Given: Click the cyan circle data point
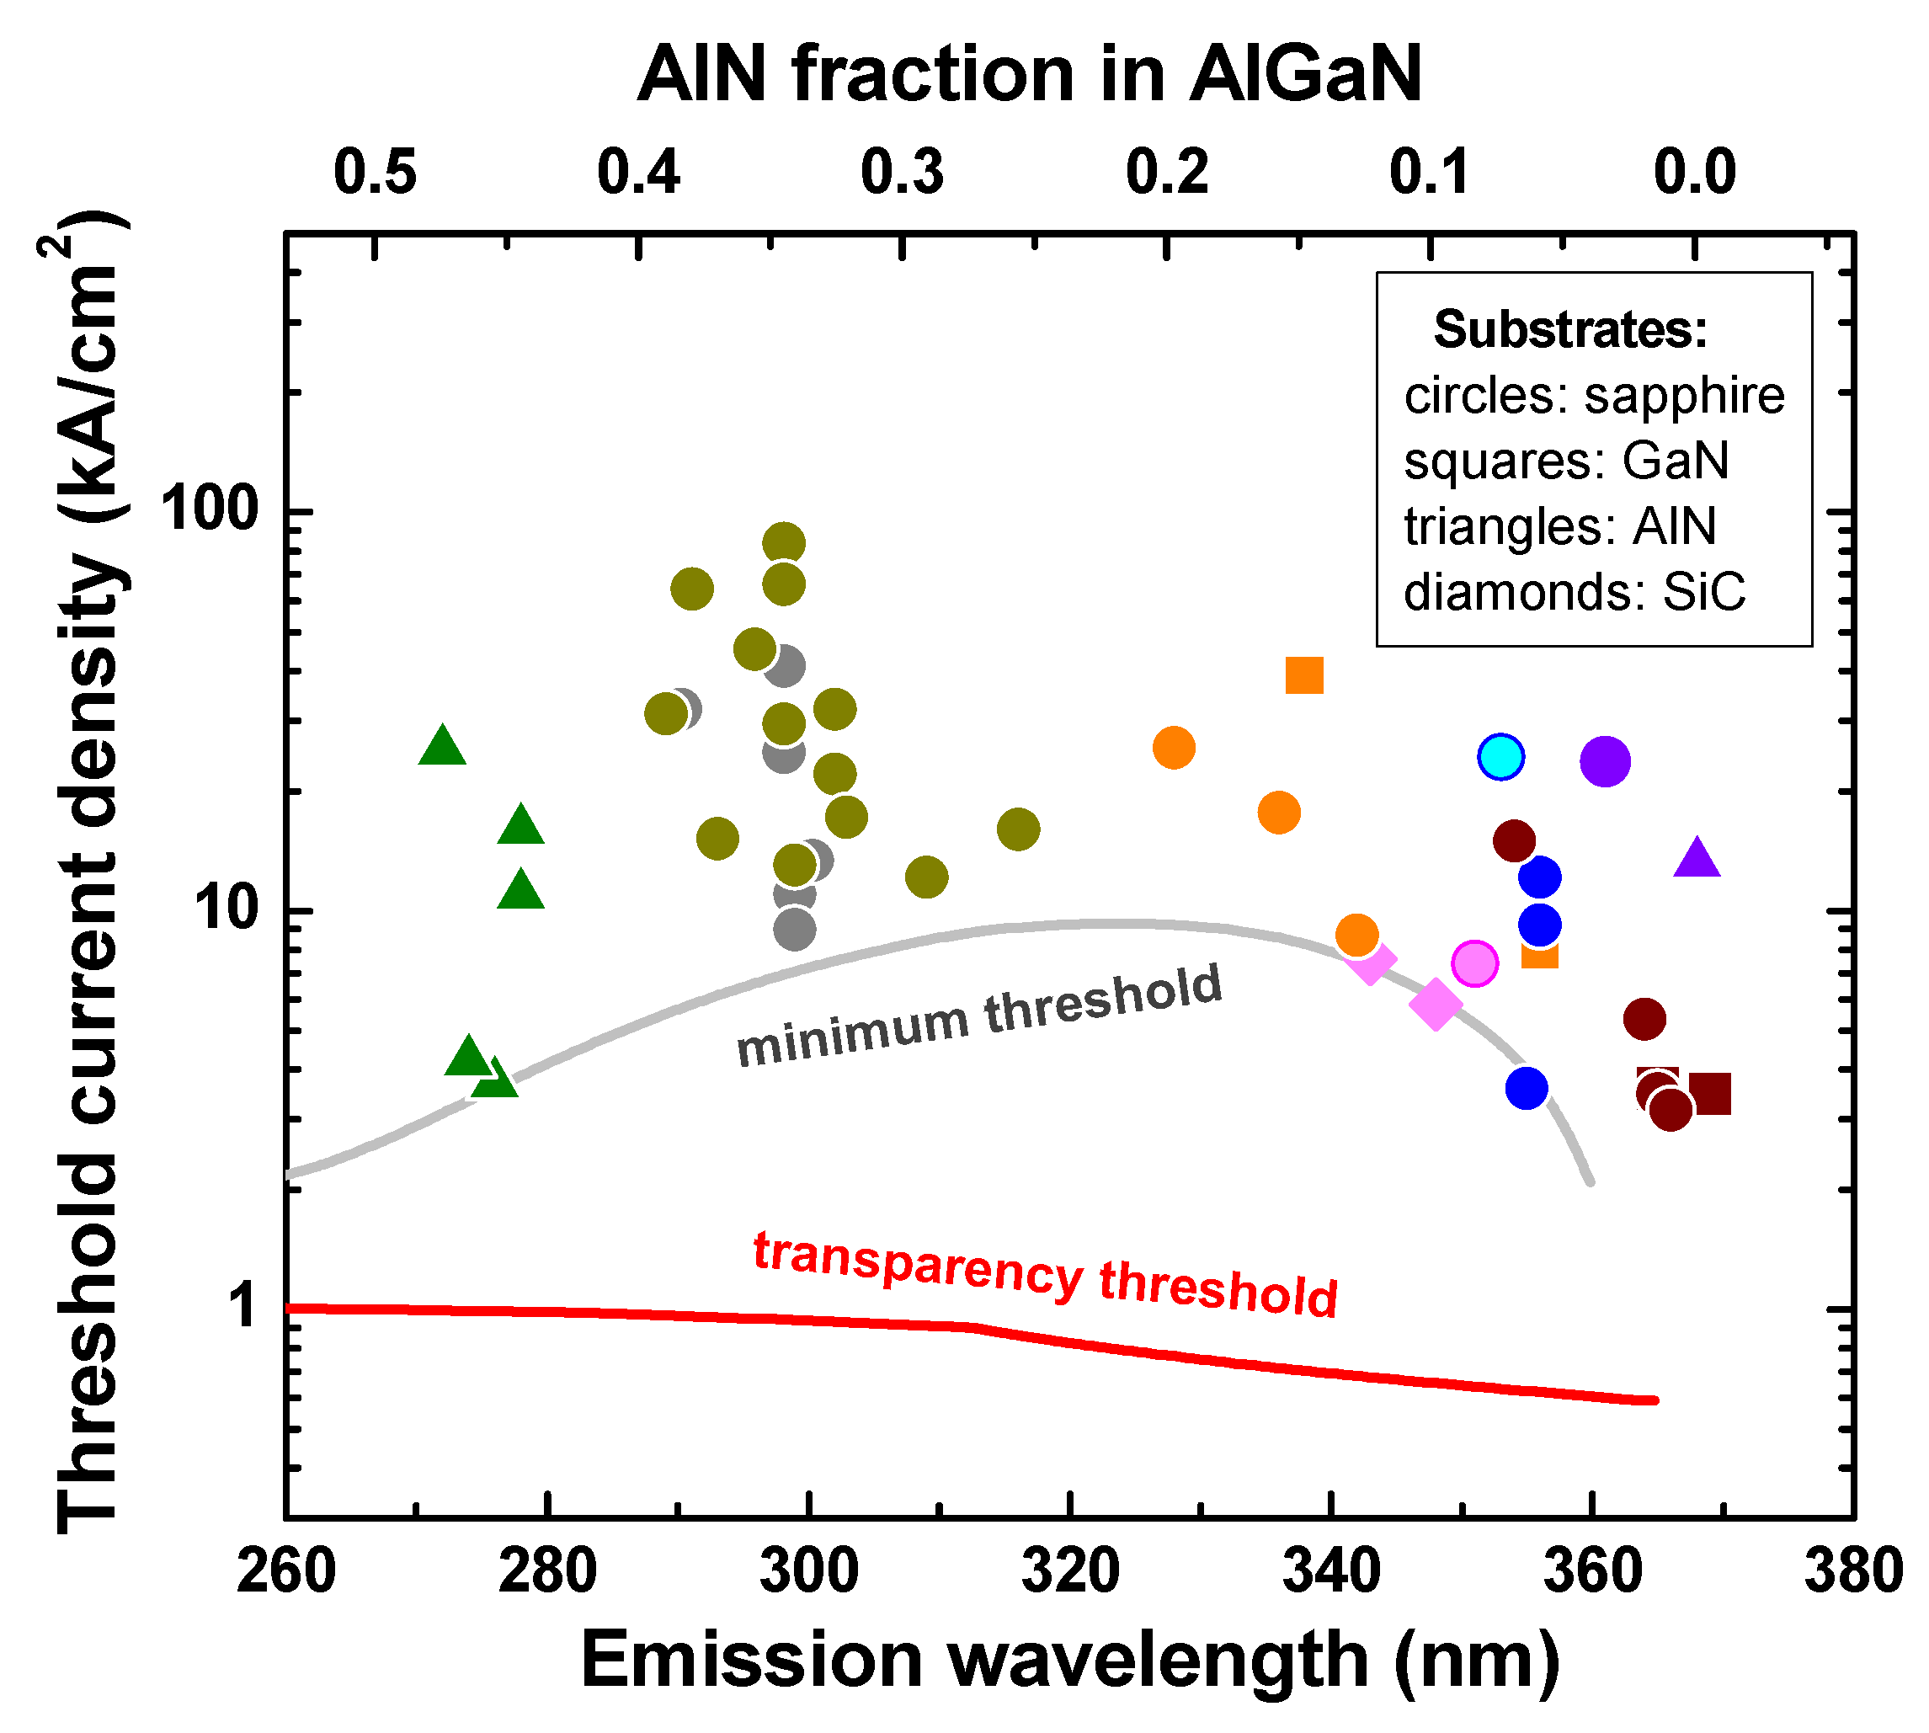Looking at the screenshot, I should tap(1500, 757).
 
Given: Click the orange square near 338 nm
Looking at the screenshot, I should tap(1304, 675).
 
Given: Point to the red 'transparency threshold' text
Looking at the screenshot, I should tap(1046, 1275).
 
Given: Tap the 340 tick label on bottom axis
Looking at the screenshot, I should tap(1331, 1571).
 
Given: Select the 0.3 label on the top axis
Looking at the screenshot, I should tap(902, 173).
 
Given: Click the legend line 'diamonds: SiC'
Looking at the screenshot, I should tap(1574, 592).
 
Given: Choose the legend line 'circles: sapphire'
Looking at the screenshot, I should tap(1594, 395).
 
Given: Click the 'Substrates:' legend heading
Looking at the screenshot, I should tap(1571, 329).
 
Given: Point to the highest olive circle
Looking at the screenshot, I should tap(784, 544).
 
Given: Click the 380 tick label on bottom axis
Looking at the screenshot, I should tap(1853, 1571).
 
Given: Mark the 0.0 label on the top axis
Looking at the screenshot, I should tap(1695, 173).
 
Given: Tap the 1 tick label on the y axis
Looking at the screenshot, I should tap(246, 1305).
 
